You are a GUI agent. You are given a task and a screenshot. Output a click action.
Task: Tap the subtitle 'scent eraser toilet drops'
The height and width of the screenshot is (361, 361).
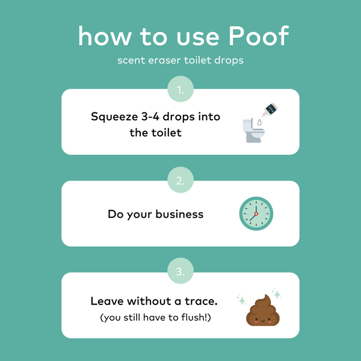click(x=180, y=61)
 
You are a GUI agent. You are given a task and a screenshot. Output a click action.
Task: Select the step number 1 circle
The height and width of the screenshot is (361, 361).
click(x=180, y=90)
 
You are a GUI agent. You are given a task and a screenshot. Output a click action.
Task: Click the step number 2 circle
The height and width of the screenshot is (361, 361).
click(x=180, y=181)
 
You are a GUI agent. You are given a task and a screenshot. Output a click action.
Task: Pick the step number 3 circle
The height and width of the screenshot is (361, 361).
click(x=180, y=273)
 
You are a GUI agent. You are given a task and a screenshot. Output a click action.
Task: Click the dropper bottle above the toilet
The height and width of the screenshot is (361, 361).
click(x=270, y=109)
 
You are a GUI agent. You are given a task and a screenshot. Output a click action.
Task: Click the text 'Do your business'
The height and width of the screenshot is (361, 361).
click(x=156, y=214)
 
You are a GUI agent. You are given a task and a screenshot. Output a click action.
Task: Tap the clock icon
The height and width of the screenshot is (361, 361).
click(x=256, y=214)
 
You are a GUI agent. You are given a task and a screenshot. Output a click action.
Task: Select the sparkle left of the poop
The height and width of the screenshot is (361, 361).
click(x=241, y=299)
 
